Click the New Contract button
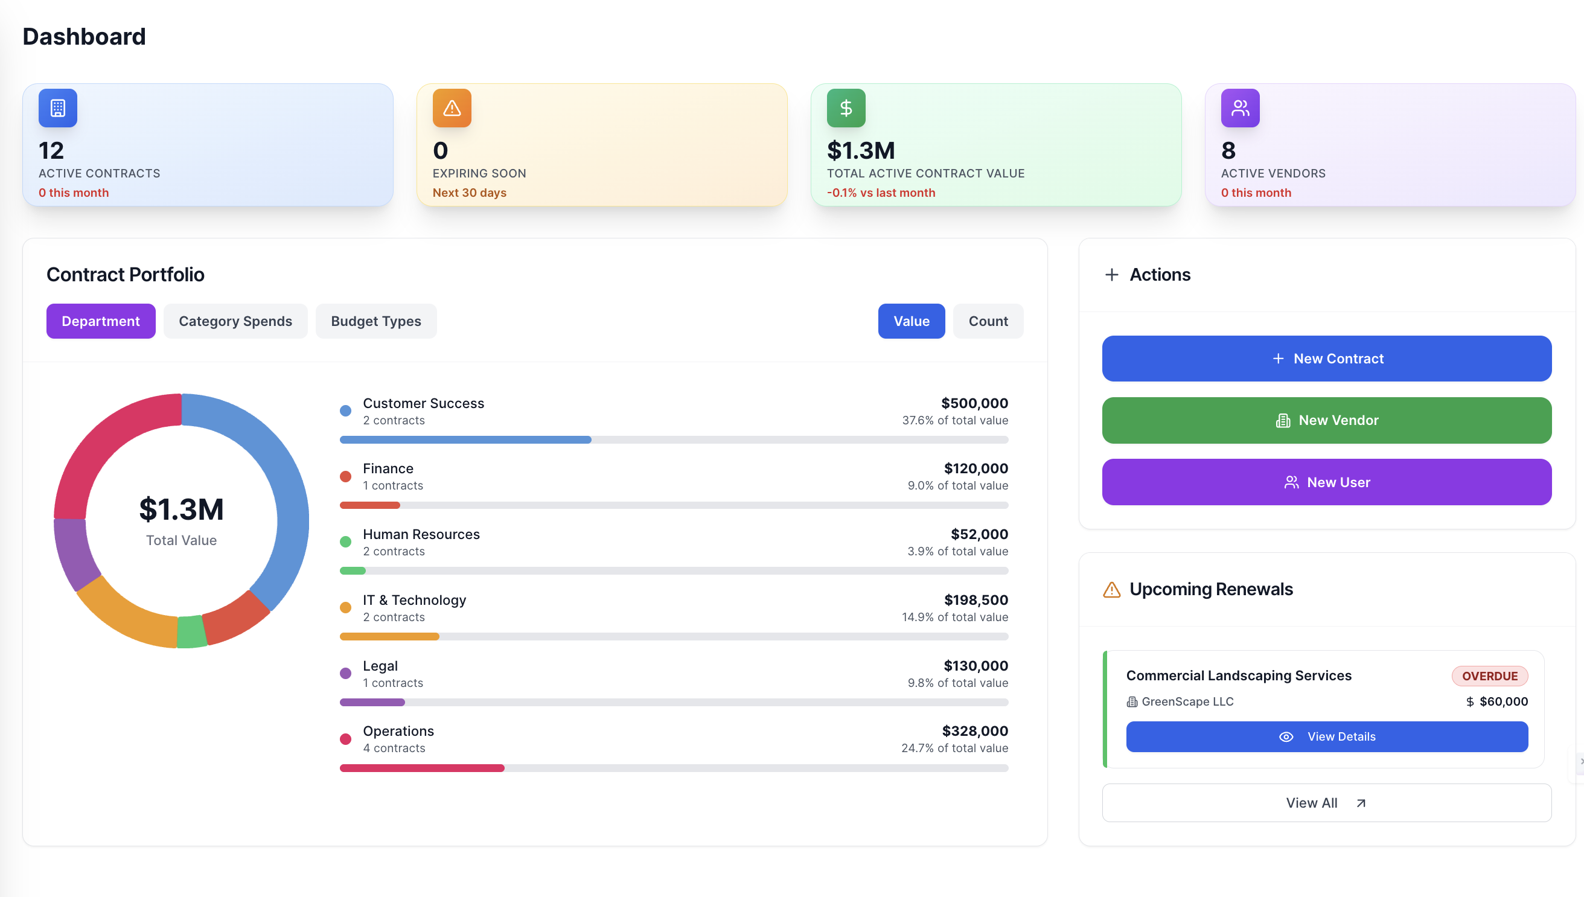point(1326,359)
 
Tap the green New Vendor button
point(1326,420)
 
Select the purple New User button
point(1326,482)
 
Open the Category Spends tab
point(235,321)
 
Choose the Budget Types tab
point(376,321)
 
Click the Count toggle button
point(988,321)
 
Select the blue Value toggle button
point(911,321)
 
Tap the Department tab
point(100,321)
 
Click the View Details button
point(1326,737)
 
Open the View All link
point(1326,803)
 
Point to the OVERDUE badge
point(1489,676)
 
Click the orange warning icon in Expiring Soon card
point(452,108)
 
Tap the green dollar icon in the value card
point(846,108)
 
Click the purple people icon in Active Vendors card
point(1240,108)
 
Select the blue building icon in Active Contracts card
point(58,108)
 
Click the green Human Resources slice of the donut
point(191,632)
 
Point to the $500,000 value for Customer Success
point(974,403)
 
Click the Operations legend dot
point(346,739)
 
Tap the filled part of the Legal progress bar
point(372,702)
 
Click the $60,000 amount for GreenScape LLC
point(1503,701)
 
